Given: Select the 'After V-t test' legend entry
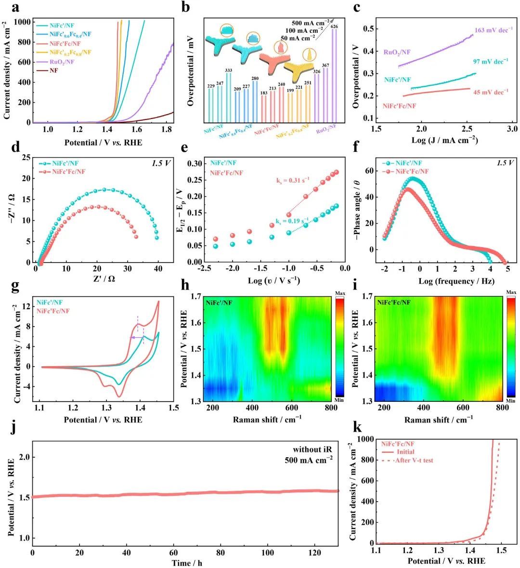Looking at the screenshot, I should (414, 461).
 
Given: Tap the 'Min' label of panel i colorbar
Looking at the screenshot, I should (511, 400).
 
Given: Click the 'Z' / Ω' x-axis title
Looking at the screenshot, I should (102, 278).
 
